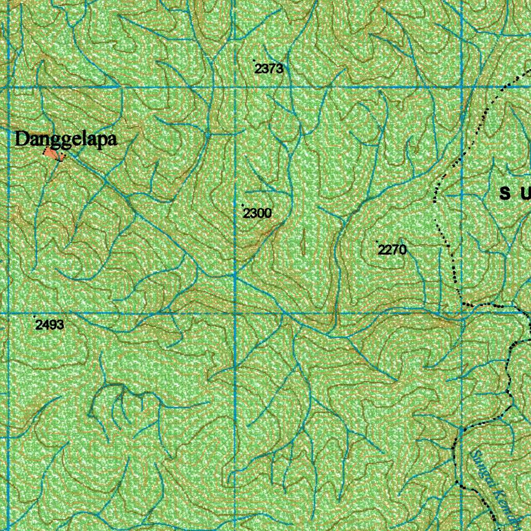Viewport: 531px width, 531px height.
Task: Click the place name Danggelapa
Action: pyautogui.click(x=66, y=139)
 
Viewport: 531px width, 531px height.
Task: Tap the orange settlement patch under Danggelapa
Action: pyautogui.click(x=52, y=153)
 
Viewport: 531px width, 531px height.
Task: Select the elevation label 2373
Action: pyautogui.click(x=269, y=68)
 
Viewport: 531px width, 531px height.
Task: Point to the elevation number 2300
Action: pyautogui.click(x=258, y=213)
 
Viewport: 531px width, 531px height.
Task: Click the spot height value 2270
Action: pyautogui.click(x=392, y=250)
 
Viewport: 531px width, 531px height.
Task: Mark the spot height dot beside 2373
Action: pyautogui.click(x=254, y=61)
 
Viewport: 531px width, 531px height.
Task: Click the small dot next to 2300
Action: pyautogui.click(x=243, y=205)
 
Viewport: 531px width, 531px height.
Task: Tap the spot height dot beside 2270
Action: pyautogui.click(x=377, y=242)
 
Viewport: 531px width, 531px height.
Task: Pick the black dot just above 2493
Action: pyautogui.click(x=35, y=316)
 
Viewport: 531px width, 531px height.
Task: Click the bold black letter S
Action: pyautogui.click(x=505, y=194)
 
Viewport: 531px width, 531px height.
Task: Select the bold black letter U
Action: pyautogui.click(x=525, y=194)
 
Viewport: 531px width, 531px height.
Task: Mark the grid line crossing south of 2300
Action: pyautogui.click(x=235, y=314)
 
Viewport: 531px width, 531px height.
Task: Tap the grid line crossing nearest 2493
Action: pyautogui.click(x=9, y=314)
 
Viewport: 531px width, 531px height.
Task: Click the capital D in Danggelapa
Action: pyautogui.click(x=22, y=139)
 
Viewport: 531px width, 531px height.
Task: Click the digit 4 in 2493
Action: pyautogui.click(x=45, y=325)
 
